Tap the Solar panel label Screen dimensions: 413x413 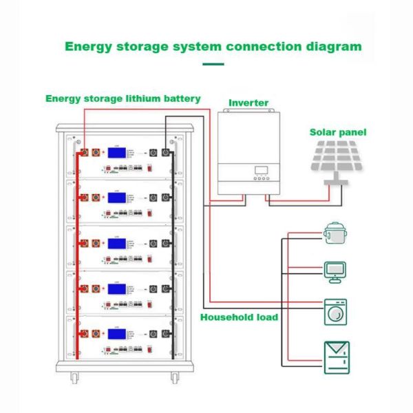point(338,132)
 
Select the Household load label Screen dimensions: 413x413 point(239,317)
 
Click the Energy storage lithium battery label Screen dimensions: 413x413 point(123,98)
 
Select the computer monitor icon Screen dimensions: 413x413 point(335,271)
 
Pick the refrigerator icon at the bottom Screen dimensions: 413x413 point(337,357)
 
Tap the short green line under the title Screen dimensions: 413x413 point(214,64)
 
